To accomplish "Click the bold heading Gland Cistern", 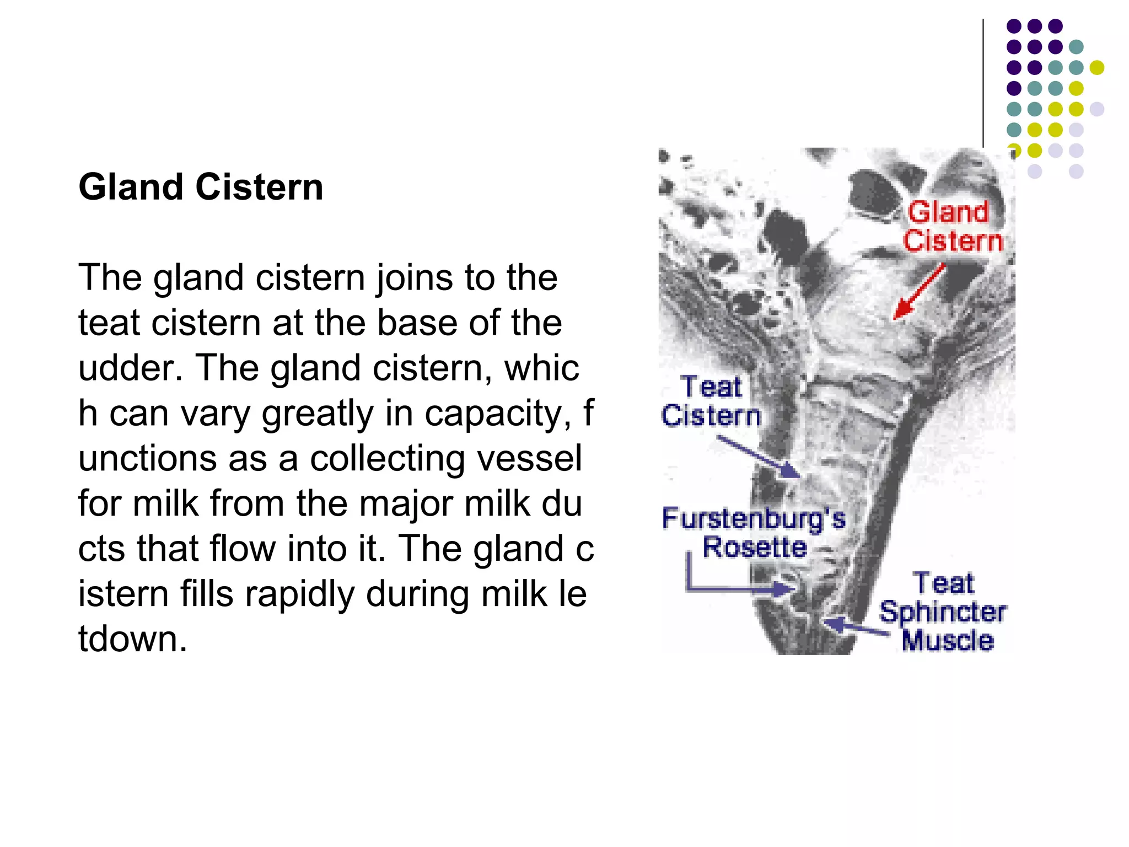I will point(201,187).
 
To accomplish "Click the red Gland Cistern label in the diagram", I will point(952,227).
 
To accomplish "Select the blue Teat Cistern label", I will point(711,401).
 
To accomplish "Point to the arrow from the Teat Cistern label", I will point(759,457).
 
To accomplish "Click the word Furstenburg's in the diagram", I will point(754,518).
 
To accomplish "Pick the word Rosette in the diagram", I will point(755,548).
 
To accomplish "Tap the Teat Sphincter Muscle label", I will point(943,612).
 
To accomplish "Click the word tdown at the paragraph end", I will point(132,640).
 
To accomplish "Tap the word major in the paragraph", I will point(406,504).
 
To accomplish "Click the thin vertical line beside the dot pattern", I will point(983,83).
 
